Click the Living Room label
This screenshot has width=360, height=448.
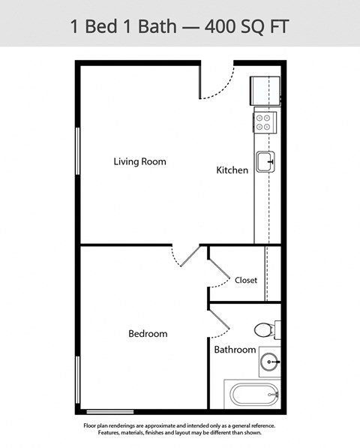(x=139, y=161)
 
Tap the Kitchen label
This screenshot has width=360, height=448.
(x=232, y=170)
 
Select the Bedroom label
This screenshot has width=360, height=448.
(x=148, y=333)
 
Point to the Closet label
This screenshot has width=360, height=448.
(x=246, y=280)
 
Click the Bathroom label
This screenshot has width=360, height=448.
(x=235, y=350)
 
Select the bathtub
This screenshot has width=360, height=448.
(x=253, y=394)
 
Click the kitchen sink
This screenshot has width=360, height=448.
(x=265, y=161)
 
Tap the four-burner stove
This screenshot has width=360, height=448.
(x=265, y=122)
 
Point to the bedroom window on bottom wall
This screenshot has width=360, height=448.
(x=110, y=412)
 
